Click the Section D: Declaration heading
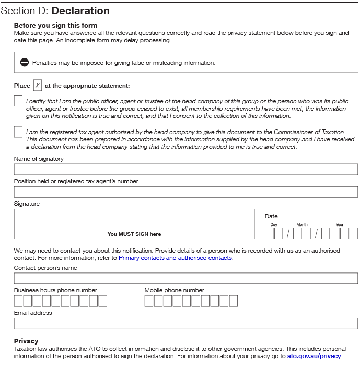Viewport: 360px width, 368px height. point(55,11)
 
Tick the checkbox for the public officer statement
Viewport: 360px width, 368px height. point(18,101)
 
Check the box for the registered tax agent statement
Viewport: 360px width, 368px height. point(18,132)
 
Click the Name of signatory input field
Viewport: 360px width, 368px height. point(185,170)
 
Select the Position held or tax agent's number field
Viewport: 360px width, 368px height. point(185,192)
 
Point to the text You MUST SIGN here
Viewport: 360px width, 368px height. point(134,234)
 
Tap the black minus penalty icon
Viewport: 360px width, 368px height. point(25,63)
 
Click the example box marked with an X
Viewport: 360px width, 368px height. point(38,86)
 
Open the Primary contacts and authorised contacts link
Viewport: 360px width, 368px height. point(175,258)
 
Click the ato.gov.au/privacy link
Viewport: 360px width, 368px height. point(313,356)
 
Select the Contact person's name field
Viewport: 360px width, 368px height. point(185,279)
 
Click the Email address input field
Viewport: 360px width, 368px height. point(185,324)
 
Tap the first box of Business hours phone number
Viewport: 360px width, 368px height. point(19,301)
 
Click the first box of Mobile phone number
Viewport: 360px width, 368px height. point(149,301)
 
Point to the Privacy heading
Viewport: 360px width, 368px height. point(26,341)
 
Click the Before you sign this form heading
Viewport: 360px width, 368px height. point(55,25)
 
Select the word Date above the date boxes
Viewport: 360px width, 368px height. point(271,216)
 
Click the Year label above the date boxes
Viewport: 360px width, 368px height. point(340,224)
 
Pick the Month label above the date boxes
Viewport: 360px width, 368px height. point(302,224)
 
